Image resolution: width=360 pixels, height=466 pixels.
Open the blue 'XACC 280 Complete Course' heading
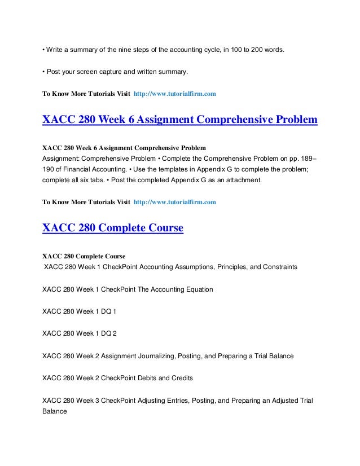(113, 228)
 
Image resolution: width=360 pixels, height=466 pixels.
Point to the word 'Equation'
(196, 289)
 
